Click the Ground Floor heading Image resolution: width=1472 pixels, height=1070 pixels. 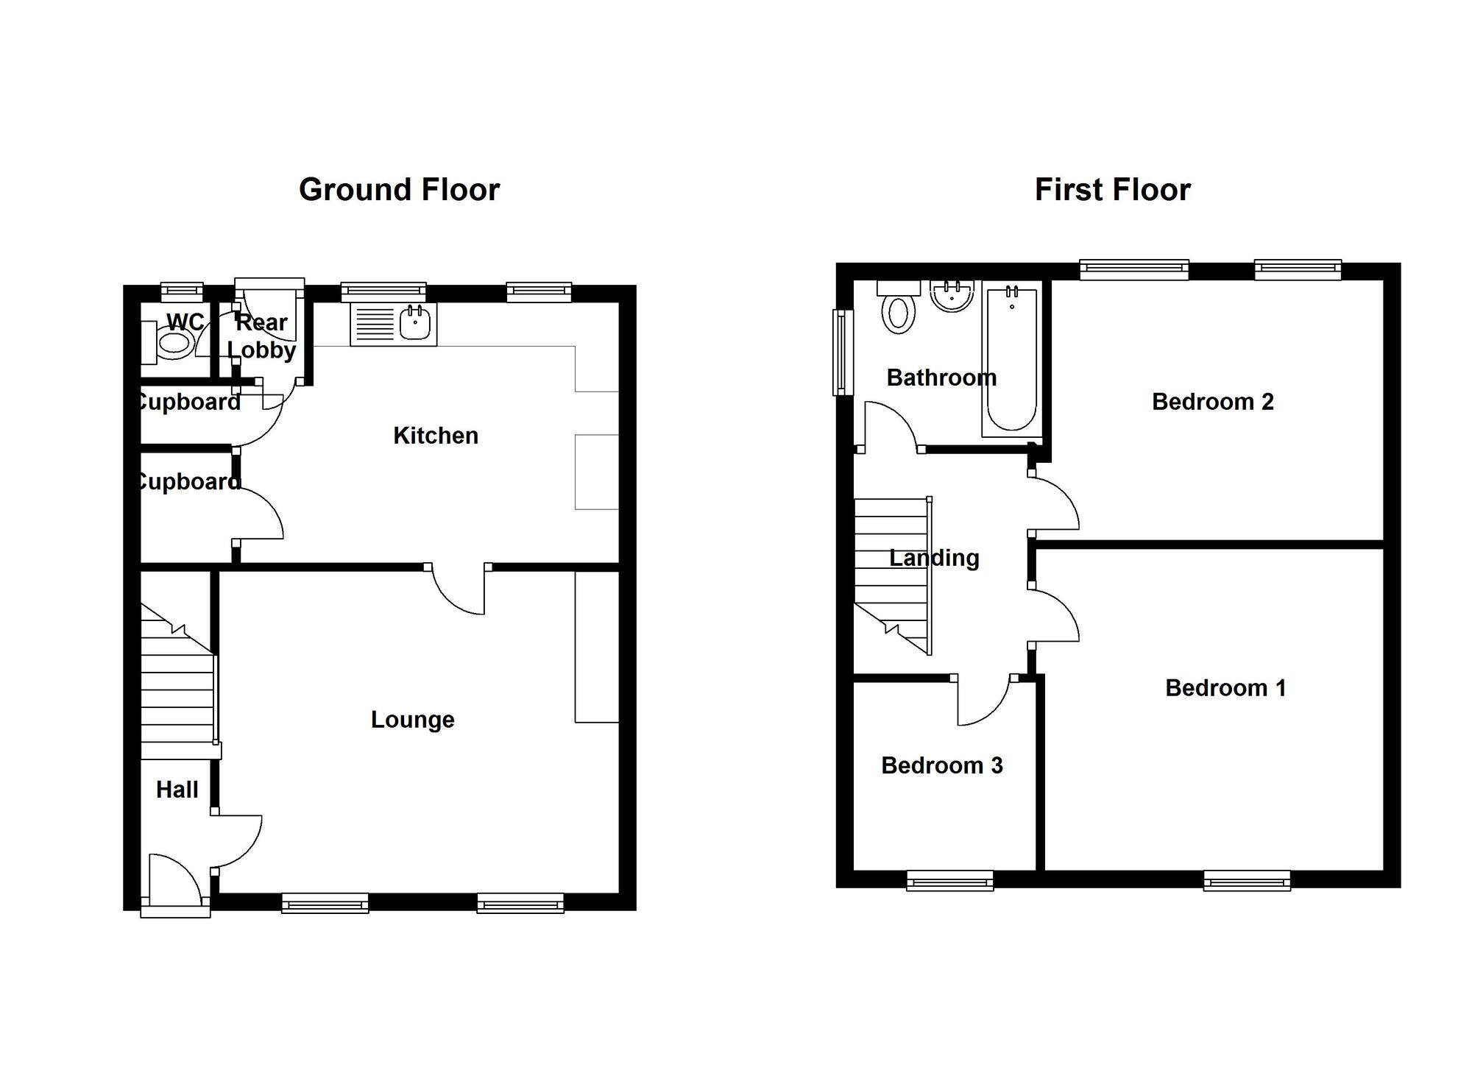(x=399, y=190)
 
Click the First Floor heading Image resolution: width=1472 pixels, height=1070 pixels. (x=1112, y=190)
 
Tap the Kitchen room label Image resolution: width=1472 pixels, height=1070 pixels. (x=436, y=436)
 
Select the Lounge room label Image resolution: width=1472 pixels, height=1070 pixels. (x=412, y=720)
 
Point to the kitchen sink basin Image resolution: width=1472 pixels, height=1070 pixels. (x=416, y=325)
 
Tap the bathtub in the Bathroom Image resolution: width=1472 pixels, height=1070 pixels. (x=1011, y=361)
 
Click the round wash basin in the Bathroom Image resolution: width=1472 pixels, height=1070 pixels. (x=952, y=296)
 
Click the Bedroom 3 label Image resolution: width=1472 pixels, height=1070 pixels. (x=941, y=766)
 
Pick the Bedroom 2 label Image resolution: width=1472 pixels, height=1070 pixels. (x=1212, y=402)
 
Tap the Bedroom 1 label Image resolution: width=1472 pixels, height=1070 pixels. (x=1225, y=688)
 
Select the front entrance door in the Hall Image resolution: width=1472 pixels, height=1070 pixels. (x=175, y=879)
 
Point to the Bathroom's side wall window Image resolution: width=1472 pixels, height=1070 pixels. (x=840, y=352)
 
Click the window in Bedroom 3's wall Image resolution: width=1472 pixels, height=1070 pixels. (x=949, y=880)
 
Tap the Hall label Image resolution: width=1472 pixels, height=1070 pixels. (x=177, y=790)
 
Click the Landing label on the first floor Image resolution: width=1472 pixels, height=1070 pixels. (x=934, y=559)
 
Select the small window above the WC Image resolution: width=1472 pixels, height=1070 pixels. (x=182, y=292)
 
